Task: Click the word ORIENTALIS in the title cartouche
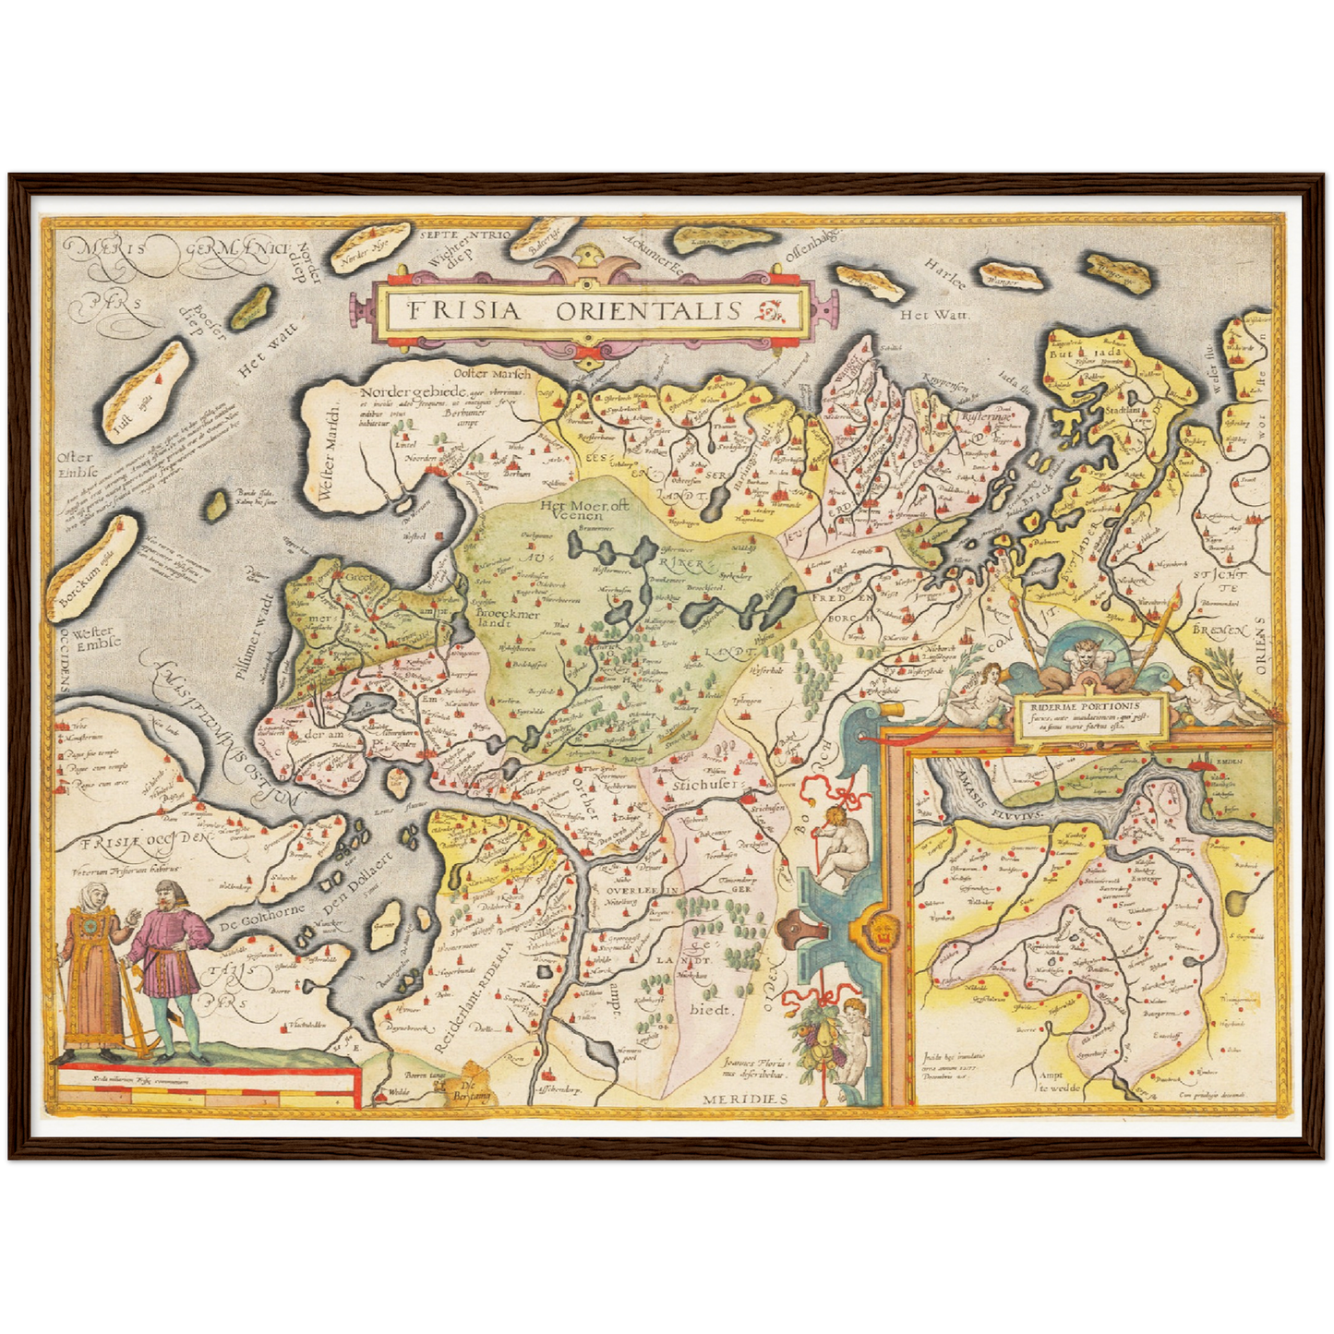click(x=648, y=310)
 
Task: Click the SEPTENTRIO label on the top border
click(x=464, y=235)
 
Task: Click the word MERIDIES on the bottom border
click(x=744, y=1099)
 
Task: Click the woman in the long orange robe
click(x=89, y=969)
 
